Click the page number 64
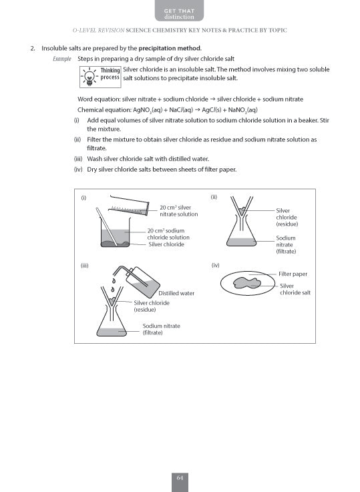(180, 477)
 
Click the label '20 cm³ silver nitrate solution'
(178, 211)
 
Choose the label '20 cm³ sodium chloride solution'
(168, 238)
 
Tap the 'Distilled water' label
(176, 293)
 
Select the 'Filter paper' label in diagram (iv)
(293, 274)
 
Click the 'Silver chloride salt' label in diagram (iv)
(295, 289)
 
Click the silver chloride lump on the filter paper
(248, 284)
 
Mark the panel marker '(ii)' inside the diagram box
(214, 197)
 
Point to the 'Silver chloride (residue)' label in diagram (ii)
(287, 217)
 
